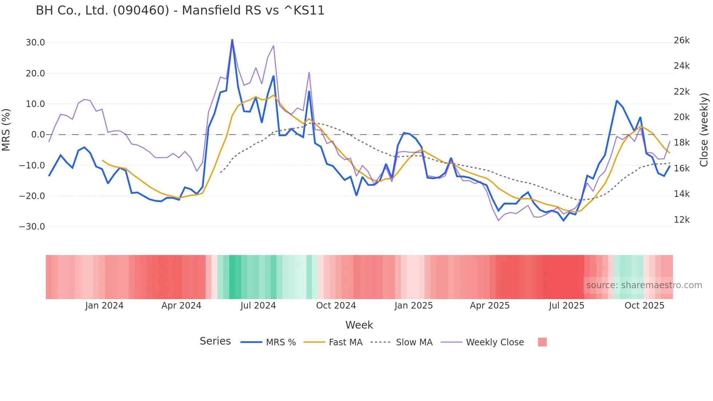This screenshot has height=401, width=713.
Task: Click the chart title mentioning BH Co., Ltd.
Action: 180,11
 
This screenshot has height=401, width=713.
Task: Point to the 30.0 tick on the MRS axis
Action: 35,43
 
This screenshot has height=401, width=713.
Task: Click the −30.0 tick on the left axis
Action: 32,227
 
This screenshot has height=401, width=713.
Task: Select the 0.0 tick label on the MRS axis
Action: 38,135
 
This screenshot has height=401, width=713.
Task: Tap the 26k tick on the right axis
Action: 682,40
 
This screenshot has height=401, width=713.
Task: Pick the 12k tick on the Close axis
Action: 682,220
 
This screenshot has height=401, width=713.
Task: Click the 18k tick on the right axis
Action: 682,143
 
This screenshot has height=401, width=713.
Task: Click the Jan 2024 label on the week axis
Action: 104,306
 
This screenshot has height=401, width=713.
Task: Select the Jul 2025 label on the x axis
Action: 566,306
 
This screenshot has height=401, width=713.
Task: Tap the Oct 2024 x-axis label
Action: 336,306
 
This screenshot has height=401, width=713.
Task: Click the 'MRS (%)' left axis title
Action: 6,130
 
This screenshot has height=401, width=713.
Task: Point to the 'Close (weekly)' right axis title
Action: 704,130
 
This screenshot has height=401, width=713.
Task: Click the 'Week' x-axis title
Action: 359,325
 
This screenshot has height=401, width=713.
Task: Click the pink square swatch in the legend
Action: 542,342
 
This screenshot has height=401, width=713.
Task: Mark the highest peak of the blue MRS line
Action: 232,40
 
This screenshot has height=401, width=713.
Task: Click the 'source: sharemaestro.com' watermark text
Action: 644,285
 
